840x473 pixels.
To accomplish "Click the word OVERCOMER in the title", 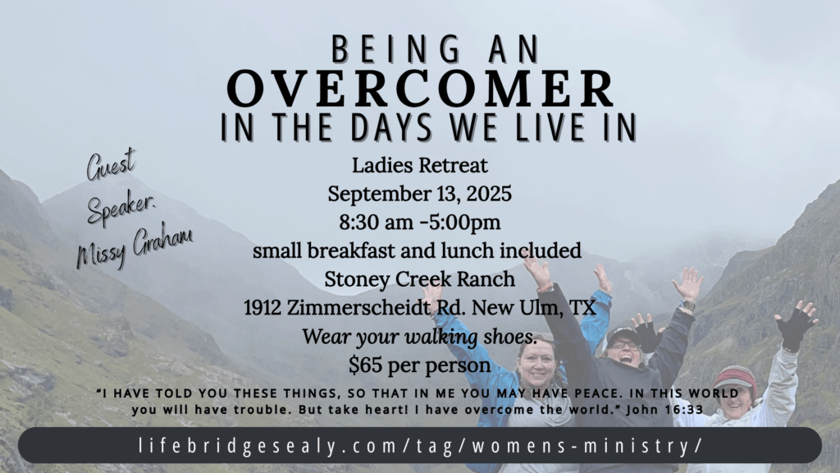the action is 421,89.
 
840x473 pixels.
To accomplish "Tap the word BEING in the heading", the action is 395,49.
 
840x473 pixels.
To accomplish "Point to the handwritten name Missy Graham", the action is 135,245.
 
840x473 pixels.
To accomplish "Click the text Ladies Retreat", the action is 420,165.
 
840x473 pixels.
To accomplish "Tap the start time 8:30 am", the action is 377,222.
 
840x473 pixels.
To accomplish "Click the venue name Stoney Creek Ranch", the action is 420,279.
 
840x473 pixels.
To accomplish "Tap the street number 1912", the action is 262,308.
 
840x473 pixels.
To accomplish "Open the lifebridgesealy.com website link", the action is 420,446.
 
